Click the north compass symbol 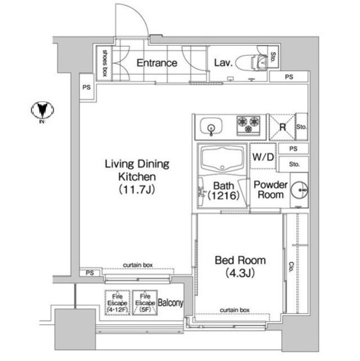[x=42, y=110]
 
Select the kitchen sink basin [x=211, y=126]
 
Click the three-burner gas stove [x=248, y=125]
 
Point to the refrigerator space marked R [x=282, y=127]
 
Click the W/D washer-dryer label [x=263, y=157]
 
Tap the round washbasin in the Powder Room [x=299, y=190]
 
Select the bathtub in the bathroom [x=223, y=159]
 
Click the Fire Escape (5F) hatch [x=145, y=302]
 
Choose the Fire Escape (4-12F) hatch [x=118, y=302]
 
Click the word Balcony [x=171, y=303]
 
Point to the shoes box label [x=105, y=63]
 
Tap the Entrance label [x=157, y=63]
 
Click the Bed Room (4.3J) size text [x=240, y=273]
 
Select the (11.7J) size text [x=137, y=190]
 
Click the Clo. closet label [x=291, y=267]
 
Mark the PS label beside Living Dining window [x=90, y=273]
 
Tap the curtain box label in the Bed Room [x=234, y=310]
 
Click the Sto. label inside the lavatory [x=273, y=57]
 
